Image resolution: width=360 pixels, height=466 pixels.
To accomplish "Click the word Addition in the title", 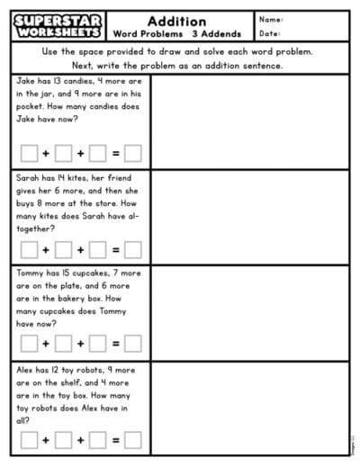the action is pyautogui.click(x=176, y=21).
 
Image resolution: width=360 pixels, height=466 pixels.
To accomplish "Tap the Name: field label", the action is pyautogui.click(x=271, y=19).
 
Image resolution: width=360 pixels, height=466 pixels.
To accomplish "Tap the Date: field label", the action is pyautogui.click(x=270, y=33).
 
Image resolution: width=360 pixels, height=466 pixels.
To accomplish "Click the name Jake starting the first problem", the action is pyautogui.click(x=26, y=81).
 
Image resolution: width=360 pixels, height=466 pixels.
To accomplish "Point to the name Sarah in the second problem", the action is pyautogui.click(x=28, y=178).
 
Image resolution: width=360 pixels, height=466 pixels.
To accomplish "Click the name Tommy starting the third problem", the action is pyautogui.click(x=30, y=273).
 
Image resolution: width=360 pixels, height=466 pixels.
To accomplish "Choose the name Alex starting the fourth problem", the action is pyautogui.click(x=26, y=369).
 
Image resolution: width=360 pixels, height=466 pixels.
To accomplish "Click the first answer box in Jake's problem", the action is pyautogui.click(x=30, y=153).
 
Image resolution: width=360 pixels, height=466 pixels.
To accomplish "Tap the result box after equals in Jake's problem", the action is pyautogui.click(x=132, y=153).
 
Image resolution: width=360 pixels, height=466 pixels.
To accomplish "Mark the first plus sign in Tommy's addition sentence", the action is pyautogui.click(x=47, y=343).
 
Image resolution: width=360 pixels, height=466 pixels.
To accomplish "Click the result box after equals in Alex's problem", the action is pyautogui.click(x=132, y=440).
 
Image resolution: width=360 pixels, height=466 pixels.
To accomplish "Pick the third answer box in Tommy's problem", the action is pyautogui.click(x=98, y=343).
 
